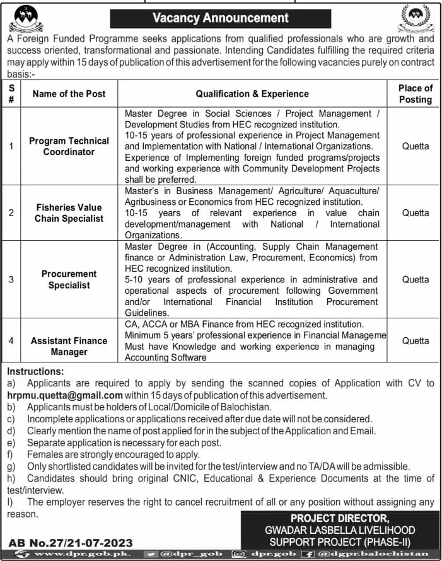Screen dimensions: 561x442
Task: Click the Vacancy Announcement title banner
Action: (221, 18)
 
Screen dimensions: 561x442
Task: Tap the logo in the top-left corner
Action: (27, 18)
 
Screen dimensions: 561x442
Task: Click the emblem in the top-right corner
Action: (416, 18)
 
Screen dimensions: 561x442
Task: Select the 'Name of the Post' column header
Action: (69, 94)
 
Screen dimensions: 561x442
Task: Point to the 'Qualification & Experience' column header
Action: (252, 94)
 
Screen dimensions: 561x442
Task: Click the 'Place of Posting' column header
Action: (415, 94)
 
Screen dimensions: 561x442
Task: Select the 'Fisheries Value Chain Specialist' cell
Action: (69, 212)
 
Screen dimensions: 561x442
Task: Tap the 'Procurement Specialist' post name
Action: (69, 279)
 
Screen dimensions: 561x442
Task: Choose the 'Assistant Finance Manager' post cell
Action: (69, 346)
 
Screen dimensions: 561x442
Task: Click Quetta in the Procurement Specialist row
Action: (415, 279)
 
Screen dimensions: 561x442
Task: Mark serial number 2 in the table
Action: (11, 212)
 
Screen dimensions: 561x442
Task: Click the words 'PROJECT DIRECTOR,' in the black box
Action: (338, 518)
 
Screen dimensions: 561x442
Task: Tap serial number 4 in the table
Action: (11, 340)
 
